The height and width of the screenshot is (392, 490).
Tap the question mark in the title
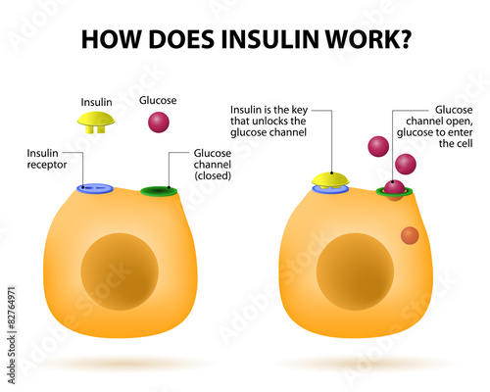[x=405, y=39]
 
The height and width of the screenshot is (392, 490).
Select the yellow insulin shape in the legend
[x=96, y=122]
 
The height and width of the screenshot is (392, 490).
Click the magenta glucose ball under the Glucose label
[x=159, y=122]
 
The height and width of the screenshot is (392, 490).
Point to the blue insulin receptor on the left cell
[x=95, y=188]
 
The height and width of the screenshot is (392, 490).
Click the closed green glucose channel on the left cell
[x=159, y=191]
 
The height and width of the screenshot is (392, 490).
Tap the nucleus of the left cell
[x=120, y=271]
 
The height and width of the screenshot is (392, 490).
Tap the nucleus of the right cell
[x=355, y=271]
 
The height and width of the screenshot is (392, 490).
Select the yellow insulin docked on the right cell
[x=330, y=180]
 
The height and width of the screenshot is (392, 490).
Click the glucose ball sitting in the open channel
[x=394, y=187]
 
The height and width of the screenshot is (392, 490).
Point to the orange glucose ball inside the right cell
[x=410, y=235]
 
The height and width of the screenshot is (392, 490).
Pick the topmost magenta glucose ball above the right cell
[x=378, y=146]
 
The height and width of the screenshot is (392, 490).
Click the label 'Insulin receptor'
[x=47, y=159]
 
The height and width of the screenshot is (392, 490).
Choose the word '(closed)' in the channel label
[x=213, y=175]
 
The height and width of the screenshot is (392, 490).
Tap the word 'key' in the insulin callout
[x=300, y=110]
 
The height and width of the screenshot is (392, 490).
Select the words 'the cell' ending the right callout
[x=456, y=143]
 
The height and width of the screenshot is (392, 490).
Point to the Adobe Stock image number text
[x=12, y=335]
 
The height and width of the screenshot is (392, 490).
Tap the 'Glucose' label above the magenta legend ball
[x=158, y=100]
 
